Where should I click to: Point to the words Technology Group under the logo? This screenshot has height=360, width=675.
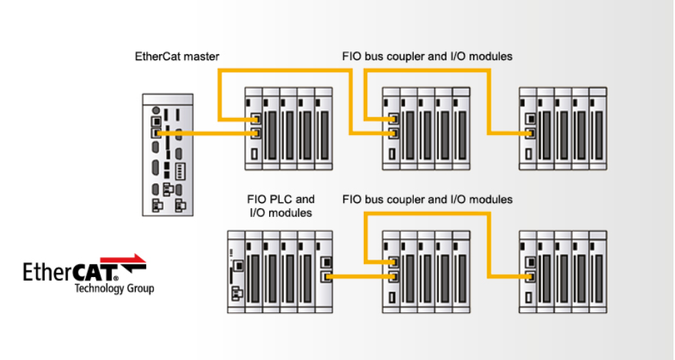point(114,289)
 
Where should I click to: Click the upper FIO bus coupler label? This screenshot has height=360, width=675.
point(427,56)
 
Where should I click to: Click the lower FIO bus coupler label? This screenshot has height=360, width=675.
point(427,199)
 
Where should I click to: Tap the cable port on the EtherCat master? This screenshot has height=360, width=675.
point(156,133)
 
